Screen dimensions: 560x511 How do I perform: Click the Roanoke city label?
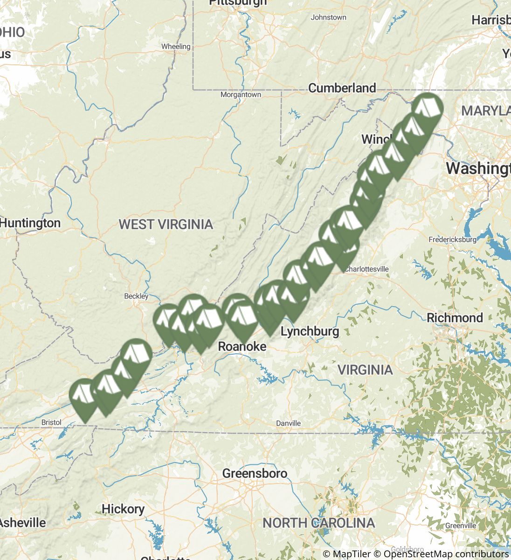tap(242, 346)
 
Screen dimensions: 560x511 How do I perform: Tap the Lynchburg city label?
tap(310, 331)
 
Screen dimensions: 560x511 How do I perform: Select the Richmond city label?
tap(455, 318)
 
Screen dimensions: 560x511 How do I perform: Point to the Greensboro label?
tap(255, 474)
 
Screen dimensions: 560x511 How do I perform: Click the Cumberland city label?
tap(342, 88)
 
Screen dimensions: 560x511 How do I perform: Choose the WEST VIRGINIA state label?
tap(166, 224)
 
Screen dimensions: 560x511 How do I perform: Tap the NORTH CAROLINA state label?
tap(318, 523)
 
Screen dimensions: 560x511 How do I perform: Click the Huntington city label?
tap(30, 223)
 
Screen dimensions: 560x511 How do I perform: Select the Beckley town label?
tap(136, 296)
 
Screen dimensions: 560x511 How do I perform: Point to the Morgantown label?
tap(241, 95)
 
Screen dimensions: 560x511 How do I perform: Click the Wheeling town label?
tap(176, 47)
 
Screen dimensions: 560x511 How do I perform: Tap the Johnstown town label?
tap(328, 17)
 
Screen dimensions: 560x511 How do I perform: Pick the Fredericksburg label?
tap(452, 240)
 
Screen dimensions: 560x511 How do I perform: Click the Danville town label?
tap(288, 423)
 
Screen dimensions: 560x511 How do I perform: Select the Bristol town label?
tap(51, 422)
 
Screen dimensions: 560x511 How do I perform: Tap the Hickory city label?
tap(123, 509)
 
